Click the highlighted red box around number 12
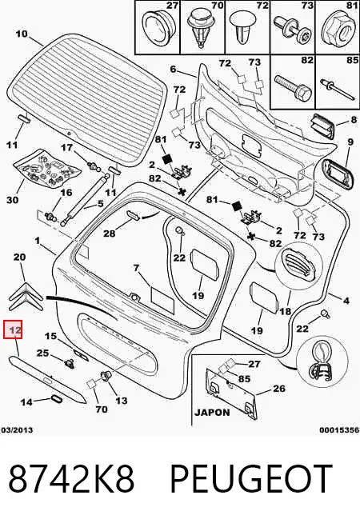pos(13,329)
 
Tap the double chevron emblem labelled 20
pos(26,296)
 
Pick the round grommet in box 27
pos(157,28)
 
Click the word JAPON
pos(212,413)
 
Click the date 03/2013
pos(17,430)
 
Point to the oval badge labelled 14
pos(55,399)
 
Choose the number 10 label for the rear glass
pos(22,34)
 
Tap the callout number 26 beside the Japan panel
pos(279,388)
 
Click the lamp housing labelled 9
pos(334,174)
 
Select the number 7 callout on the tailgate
pos(136,268)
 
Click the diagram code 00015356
pos(339,430)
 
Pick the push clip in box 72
pos(242,29)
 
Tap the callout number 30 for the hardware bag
pos(13,200)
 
